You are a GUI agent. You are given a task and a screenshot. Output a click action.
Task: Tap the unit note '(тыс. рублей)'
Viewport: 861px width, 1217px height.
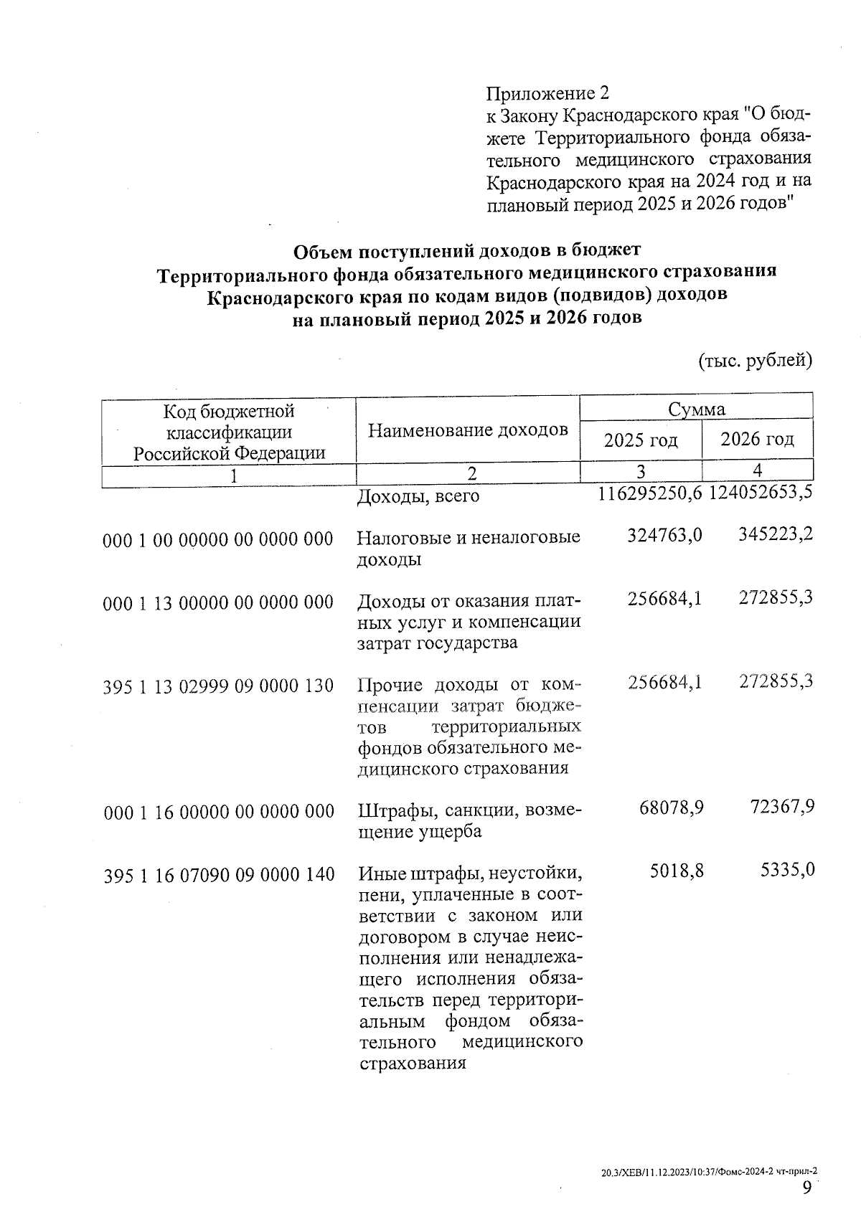pos(755,360)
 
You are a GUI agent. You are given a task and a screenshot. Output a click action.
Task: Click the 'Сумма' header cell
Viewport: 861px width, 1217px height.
pos(696,409)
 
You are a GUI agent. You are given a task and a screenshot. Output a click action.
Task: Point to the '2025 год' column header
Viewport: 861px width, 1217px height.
pos(641,440)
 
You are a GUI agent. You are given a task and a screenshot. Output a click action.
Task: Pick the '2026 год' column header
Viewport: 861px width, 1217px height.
pos(757,439)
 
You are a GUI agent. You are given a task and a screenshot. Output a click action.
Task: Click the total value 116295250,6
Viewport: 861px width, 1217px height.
pos(649,494)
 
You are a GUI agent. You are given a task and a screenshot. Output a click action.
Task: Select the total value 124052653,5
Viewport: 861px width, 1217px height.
pos(761,494)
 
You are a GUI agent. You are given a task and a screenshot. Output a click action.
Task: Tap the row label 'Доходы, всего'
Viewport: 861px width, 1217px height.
pos(418,496)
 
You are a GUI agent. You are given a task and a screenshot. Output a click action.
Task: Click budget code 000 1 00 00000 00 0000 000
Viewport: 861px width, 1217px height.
pos(219,539)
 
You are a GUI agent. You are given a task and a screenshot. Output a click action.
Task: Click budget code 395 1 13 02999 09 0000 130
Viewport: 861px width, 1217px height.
pos(219,686)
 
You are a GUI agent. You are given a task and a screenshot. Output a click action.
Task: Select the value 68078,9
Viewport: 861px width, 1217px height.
pos(671,808)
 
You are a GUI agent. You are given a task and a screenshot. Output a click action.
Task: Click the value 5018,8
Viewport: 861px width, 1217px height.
pos(677,871)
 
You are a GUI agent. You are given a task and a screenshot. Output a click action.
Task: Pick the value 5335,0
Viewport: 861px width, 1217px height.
pos(787,871)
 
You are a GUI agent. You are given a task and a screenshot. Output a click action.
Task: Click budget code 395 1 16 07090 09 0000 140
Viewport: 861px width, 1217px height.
pos(219,875)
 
